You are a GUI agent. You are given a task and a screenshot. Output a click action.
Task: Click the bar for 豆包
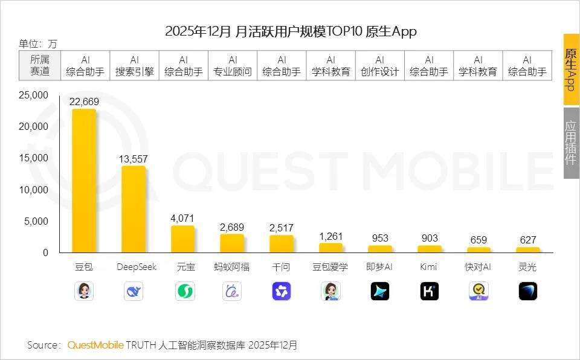[x=84, y=181]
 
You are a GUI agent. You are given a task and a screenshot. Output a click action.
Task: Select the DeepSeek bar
[x=134, y=209]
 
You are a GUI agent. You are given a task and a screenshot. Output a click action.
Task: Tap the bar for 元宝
[x=183, y=239]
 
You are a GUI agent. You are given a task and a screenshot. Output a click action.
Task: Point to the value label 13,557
[x=134, y=159]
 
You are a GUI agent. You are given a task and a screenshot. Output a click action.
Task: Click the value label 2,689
[x=232, y=227]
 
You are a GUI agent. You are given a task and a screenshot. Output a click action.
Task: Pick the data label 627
[x=527, y=240]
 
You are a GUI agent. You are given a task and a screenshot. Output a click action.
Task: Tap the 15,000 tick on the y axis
[x=34, y=158]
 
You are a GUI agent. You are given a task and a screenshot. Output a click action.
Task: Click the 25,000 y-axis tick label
[x=34, y=95]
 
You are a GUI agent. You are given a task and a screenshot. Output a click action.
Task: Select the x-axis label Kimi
[x=429, y=267]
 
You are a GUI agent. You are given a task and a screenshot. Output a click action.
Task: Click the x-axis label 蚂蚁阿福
[x=232, y=267]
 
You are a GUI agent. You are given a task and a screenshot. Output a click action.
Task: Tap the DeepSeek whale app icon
[x=134, y=292]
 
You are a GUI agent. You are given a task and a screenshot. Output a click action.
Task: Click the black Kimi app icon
[x=429, y=292]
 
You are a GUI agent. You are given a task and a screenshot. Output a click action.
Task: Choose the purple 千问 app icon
[x=282, y=292]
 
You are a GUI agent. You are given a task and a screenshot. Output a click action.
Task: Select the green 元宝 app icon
[x=183, y=292]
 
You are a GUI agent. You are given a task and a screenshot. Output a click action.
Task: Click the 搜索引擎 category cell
[x=134, y=66]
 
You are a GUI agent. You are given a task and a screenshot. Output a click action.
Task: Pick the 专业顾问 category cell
[x=233, y=66]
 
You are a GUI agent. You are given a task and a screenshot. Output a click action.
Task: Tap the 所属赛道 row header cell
[x=40, y=66]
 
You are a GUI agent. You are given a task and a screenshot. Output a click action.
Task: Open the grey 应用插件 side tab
[x=571, y=143]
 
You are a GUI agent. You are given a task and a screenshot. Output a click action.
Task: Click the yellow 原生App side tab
[x=571, y=69]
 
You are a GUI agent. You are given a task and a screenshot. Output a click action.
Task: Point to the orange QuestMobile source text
[x=95, y=345]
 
